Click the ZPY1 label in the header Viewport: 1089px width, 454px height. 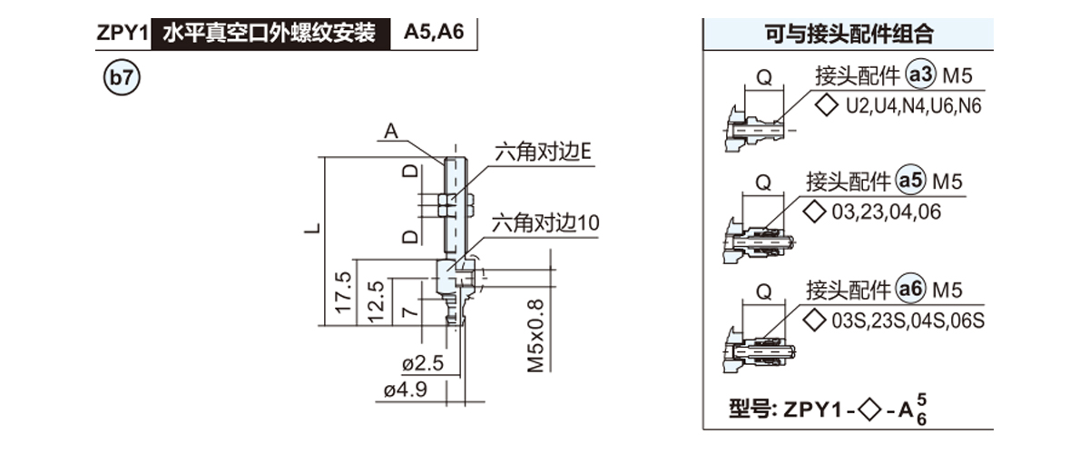click(122, 34)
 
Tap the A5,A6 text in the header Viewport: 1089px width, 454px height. click(434, 34)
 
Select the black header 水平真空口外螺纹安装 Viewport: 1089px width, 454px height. click(269, 34)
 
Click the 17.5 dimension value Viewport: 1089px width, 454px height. click(342, 292)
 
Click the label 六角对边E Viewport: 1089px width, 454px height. click(543, 153)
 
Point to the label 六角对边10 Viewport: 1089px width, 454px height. click(545, 222)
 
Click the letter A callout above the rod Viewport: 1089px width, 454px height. click(391, 133)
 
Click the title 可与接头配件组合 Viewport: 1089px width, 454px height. click(849, 35)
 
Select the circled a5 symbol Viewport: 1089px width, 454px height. click(910, 182)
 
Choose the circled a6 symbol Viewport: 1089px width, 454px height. click(910, 290)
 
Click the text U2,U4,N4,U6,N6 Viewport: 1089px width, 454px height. click(914, 105)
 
